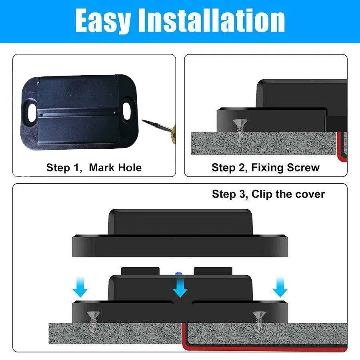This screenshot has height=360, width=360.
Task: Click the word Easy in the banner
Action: click(103, 21)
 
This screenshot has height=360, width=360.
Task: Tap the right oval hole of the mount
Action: click(126, 110)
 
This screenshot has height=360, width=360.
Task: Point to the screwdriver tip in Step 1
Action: click(143, 120)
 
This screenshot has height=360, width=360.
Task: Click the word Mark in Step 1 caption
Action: click(102, 167)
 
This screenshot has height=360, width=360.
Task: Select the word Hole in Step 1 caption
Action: click(130, 167)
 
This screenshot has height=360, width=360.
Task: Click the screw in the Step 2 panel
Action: click(240, 130)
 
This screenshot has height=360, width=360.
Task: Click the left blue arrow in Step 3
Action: click(80, 287)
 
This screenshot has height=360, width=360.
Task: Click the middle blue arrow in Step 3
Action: click(180, 286)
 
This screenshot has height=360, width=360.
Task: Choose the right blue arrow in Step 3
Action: click(280, 287)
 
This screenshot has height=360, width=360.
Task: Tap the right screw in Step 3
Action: click(259, 322)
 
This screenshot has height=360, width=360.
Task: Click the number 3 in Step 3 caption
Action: click(242, 194)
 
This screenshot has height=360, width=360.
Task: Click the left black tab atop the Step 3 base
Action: click(140, 271)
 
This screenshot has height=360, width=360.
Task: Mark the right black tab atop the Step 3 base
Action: click(213, 271)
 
